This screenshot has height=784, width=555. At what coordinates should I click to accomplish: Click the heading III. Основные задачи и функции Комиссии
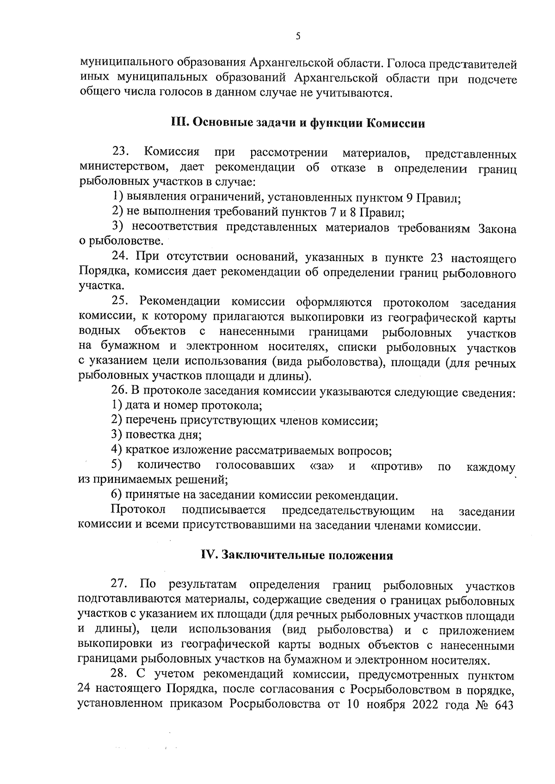point(298,123)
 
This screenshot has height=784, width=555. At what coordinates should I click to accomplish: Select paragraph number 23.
point(121,152)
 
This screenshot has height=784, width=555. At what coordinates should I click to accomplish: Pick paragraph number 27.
point(121,584)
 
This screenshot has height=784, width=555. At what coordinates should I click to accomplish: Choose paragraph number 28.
point(121,675)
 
